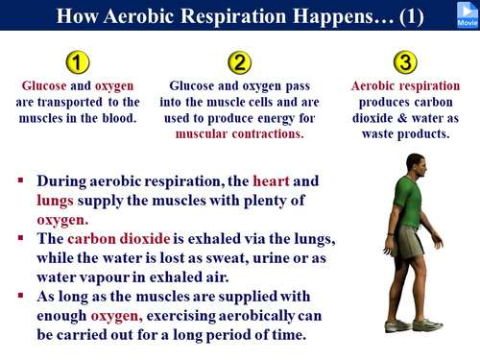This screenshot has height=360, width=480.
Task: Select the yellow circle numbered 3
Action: click(x=406, y=62)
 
